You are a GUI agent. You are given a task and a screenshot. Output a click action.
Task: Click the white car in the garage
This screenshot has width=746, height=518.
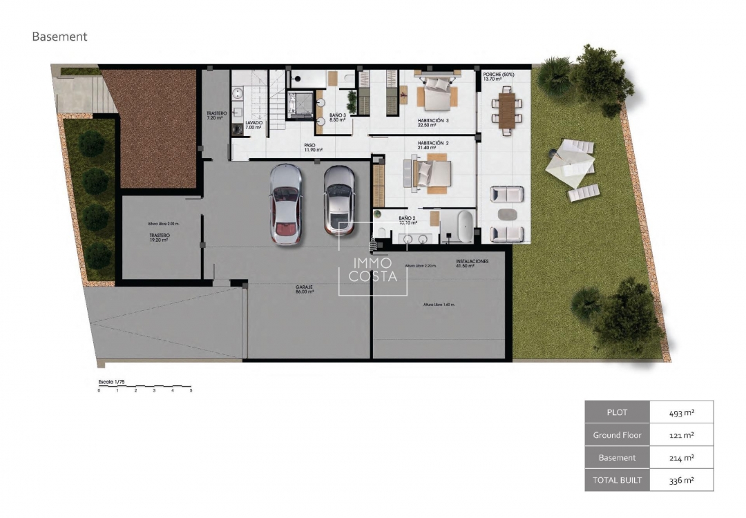(x=286, y=204)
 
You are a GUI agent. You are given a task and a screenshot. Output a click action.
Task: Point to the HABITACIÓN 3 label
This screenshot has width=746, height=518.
(x=433, y=123)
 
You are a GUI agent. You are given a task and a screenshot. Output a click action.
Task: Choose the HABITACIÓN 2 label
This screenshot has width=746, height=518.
(x=433, y=146)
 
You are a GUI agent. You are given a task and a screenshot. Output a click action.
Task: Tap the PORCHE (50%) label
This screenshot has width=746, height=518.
(x=498, y=76)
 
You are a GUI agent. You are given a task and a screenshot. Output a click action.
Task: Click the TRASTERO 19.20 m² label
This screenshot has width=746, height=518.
(x=160, y=238)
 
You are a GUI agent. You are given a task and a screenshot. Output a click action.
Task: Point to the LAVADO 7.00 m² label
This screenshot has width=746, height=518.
(x=254, y=125)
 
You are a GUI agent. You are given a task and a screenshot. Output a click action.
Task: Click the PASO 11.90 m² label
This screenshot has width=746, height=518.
(x=310, y=147)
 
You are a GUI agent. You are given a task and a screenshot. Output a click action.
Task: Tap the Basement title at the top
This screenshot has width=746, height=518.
(x=59, y=37)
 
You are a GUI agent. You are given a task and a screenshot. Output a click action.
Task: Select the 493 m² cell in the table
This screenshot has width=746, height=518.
(x=681, y=412)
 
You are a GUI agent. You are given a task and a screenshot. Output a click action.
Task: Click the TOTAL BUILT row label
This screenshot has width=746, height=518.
(x=617, y=480)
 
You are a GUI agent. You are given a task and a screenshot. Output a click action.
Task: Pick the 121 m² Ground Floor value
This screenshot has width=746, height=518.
(x=681, y=435)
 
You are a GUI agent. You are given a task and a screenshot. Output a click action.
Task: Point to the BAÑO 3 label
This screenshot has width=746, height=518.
(x=337, y=117)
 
